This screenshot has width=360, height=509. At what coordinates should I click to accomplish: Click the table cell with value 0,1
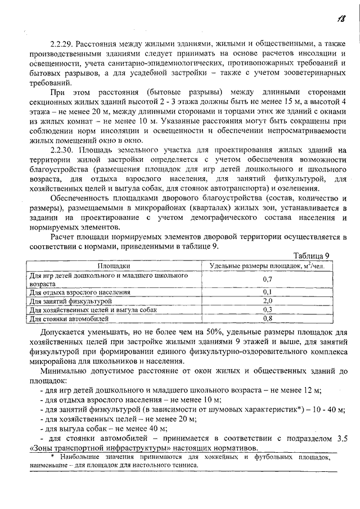pyautogui.click(x=267, y=292)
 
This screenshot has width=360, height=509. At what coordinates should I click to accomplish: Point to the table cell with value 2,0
pyautogui.click(x=267, y=301)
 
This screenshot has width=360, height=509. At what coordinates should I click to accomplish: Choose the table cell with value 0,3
pyautogui.click(x=267, y=310)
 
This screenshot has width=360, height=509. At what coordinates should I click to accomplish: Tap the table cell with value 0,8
pyautogui.click(x=267, y=318)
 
